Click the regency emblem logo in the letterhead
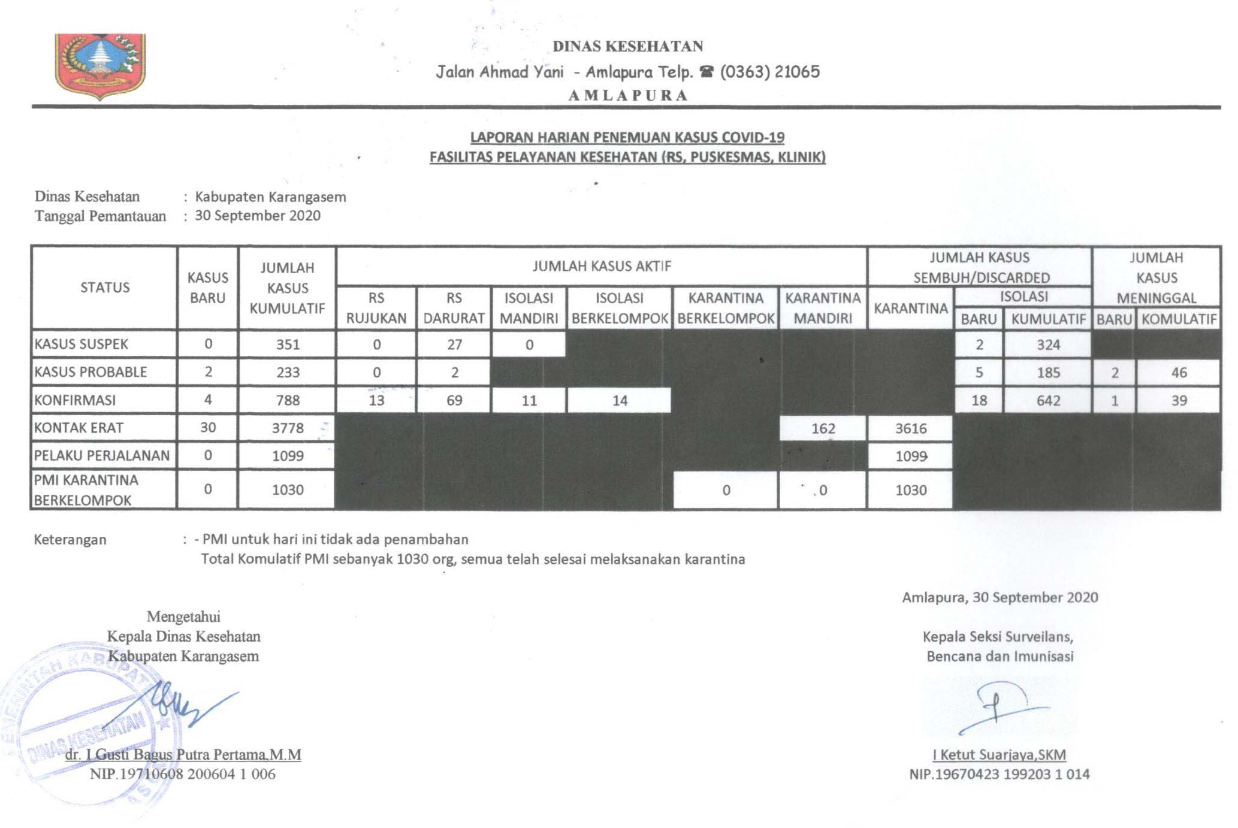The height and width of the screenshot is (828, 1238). pyautogui.click(x=100, y=66)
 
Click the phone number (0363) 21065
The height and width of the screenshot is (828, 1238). pyautogui.click(x=769, y=72)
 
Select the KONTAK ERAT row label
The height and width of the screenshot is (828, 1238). pyautogui.click(x=78, y=428)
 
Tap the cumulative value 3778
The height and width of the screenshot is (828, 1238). pyautogui.click(x=288, y=428)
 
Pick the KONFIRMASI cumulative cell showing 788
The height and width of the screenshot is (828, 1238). pyautogui.click(x=288, y=400)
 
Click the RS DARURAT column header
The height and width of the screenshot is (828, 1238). pyautogui.click(x=454, y=308)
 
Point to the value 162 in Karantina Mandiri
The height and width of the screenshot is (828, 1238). pyautogui.click(x=823, y=428)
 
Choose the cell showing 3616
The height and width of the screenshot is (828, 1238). pyautogui.click(x=910, y=428)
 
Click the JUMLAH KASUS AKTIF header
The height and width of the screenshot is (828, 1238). pyautogui.click(x=602, y=266)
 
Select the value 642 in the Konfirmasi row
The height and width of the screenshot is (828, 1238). pyautogui.click(x=1048, y=400)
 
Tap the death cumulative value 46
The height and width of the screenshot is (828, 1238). pyautogui.click(x=1179, y=373)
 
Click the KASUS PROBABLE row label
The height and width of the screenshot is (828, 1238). pyautogui.click(x=90, y=372)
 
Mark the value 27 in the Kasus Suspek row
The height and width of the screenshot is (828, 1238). pyautogui.click(x=454, y=345)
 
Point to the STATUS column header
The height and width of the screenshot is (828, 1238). pyautogui.click(x=105, y=288)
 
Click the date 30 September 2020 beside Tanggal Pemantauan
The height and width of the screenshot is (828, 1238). pyautogui.click(x=258, y=216)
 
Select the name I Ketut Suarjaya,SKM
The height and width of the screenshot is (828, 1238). pyautogui.click(x=999, y=755)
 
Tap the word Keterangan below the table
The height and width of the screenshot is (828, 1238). pyautogui.click(x=70, y=540)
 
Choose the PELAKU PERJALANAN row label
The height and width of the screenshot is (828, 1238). pyautogui.click(x=102, y=455)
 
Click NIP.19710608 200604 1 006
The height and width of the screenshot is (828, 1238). pyautogui.click(x=183, y=774)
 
